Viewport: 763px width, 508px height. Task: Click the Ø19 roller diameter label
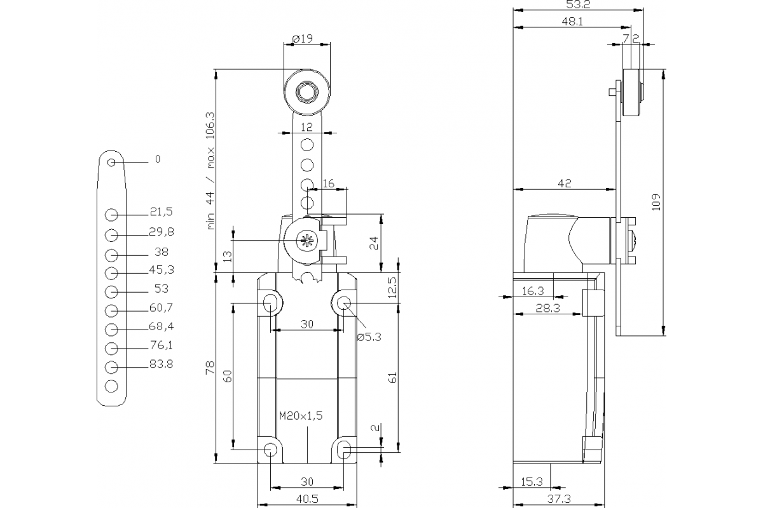pos(303,39)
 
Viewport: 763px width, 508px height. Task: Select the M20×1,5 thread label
pos(301,416)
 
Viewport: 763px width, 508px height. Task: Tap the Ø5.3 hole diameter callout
pos(368,337)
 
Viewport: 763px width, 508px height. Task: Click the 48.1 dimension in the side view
pos(573,21)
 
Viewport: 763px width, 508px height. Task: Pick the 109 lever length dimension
pos(657,202)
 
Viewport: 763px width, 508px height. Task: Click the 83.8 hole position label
pos(161,364)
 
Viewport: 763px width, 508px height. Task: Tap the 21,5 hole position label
pos(161,211)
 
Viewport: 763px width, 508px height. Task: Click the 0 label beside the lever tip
pos(158,159)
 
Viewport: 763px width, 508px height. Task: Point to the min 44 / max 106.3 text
pos(211,170)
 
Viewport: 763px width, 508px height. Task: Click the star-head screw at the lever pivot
pos(306,240)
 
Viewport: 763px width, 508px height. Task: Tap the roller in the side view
pos(632,93)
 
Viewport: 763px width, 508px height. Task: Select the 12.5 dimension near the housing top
pos(392,288)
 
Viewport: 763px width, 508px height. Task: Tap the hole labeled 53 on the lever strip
pos(111,291)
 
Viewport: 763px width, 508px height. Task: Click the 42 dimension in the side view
pos(564,183)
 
